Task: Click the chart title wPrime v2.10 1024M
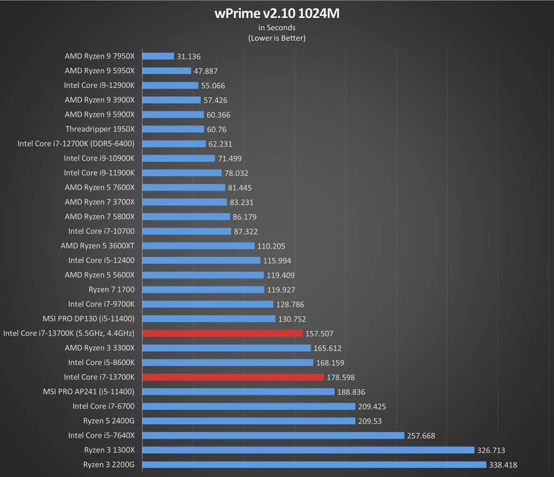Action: [x=277, y=13]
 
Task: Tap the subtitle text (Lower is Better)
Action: [x=277, y=38]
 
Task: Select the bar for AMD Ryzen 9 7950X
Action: [x=158, y=56]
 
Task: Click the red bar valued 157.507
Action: [x=222, y=333]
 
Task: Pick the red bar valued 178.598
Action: [x=233, y=377]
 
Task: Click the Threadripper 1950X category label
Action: [x=100, y=129]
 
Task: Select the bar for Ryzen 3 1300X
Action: [x=308, y=450]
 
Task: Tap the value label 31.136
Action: [x=188, y=56]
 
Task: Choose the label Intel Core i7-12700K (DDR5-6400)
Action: [x=76, y=144]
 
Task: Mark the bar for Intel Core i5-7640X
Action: [x=273, y=436]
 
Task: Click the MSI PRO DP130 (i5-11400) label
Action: [x=88, y=319]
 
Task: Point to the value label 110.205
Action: [x=271, y=246]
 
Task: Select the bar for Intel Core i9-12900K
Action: [x=170, y=85]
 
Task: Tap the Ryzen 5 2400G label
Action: [x=109, y=421]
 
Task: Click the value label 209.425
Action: [x=371, y=407]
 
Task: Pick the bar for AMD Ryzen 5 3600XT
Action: [x=198, y=246]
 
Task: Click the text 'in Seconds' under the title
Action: [x=277, y=28]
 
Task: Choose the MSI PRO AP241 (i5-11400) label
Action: [x=88, y=392]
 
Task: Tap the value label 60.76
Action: [x=216, y=129]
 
